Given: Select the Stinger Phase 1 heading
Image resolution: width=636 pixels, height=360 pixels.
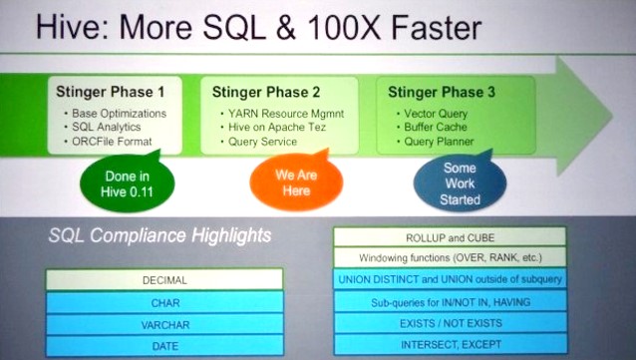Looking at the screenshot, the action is (x=111, y=92).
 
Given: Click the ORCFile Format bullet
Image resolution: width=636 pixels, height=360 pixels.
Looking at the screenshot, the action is (x=112, y=142).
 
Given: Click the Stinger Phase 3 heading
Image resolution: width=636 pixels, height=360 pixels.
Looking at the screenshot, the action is (x=442, y=92).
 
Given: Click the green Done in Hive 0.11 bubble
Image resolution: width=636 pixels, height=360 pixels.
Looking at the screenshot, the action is (x=128, y=183).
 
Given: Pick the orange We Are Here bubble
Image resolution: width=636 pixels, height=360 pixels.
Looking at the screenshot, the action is (x=296, y=182).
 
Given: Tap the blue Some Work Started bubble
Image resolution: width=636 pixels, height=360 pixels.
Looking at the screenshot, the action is (x=460, y=183).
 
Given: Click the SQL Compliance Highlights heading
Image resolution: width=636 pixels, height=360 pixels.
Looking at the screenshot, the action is (x=159, y=235).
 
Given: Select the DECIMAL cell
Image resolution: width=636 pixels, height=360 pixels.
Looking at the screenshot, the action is (x=164, y=280).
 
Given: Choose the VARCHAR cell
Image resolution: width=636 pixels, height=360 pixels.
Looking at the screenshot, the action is (x=164, y=325).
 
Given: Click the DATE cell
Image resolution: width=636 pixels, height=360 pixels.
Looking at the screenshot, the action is (x=164, y=346).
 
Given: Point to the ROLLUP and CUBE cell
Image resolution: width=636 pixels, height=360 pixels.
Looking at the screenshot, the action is (x=450, y=237).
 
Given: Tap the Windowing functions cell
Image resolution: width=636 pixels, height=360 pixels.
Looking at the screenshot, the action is (x=450, y=257).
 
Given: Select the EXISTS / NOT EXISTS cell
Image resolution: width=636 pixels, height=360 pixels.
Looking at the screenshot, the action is (x=451, y=323).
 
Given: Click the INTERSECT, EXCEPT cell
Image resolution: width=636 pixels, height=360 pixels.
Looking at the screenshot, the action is (x=451, y=345).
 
